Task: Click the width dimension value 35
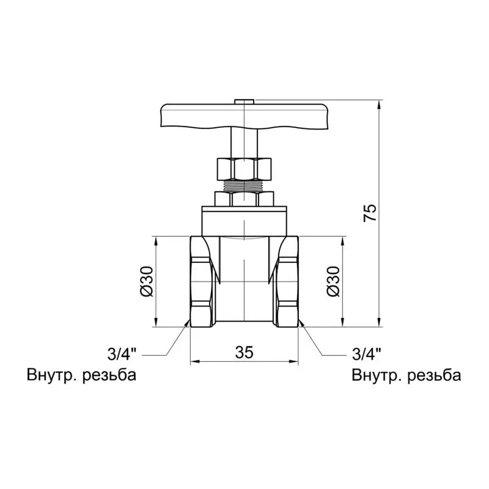(x=244, y=353)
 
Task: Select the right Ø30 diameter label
(x=333, y=281)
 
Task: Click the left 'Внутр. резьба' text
(x=80, y=375)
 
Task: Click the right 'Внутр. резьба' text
(x=406, y=375)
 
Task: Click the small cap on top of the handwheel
(x=244, y=101)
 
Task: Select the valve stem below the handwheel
(x=244, y=142)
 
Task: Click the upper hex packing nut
(x=244, y=168)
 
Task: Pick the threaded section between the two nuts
(x=244, y=186)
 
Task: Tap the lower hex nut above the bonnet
(x=244, y=198)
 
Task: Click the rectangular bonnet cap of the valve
(x=244, y=220)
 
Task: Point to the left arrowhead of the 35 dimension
(x=193, y=361)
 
